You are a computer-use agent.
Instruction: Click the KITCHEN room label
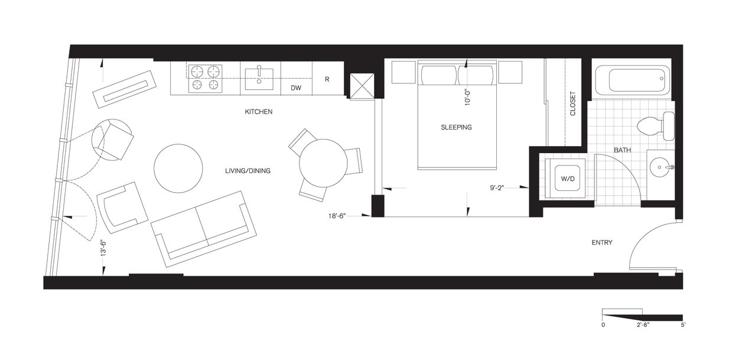tap(259, 112)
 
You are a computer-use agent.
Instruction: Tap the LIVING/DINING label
tap(248, 171)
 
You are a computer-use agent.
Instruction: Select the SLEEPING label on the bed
tap(456, 127)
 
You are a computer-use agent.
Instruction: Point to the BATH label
tap(622, 150)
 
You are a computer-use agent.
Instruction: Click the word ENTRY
tap(602, 242)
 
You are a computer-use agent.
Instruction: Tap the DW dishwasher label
tap(296, 88)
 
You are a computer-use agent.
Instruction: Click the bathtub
tap(633, 80)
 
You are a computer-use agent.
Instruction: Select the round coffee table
tap(178, 168)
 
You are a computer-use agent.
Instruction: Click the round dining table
tap(323, 163)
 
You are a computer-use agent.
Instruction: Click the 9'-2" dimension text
tap(499, 188)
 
